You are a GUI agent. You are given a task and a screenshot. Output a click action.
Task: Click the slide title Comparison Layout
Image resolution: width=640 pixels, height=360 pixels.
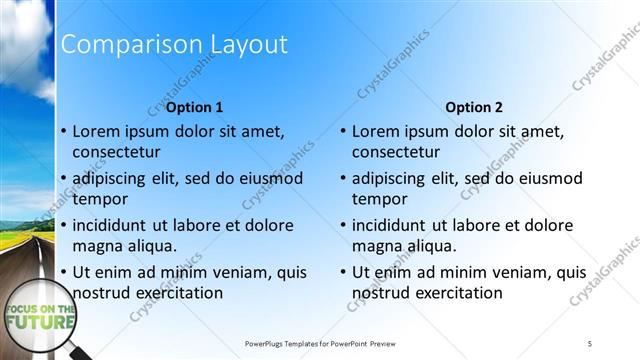point(174,45)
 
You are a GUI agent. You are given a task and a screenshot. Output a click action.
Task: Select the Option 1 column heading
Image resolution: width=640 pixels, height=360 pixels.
point(194,107)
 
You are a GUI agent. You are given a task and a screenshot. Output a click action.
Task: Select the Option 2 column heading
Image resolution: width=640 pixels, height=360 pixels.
point(474,107)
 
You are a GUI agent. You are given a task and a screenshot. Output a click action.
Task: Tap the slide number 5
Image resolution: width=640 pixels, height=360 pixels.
point(590,344)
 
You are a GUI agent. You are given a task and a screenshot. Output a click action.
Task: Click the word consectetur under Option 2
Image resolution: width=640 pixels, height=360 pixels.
point(396,152)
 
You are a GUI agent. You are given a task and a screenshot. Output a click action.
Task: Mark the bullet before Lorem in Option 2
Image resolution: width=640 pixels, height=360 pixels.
point(343,131)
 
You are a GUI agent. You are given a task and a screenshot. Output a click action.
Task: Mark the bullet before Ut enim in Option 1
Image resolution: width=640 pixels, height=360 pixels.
point(64,272)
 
